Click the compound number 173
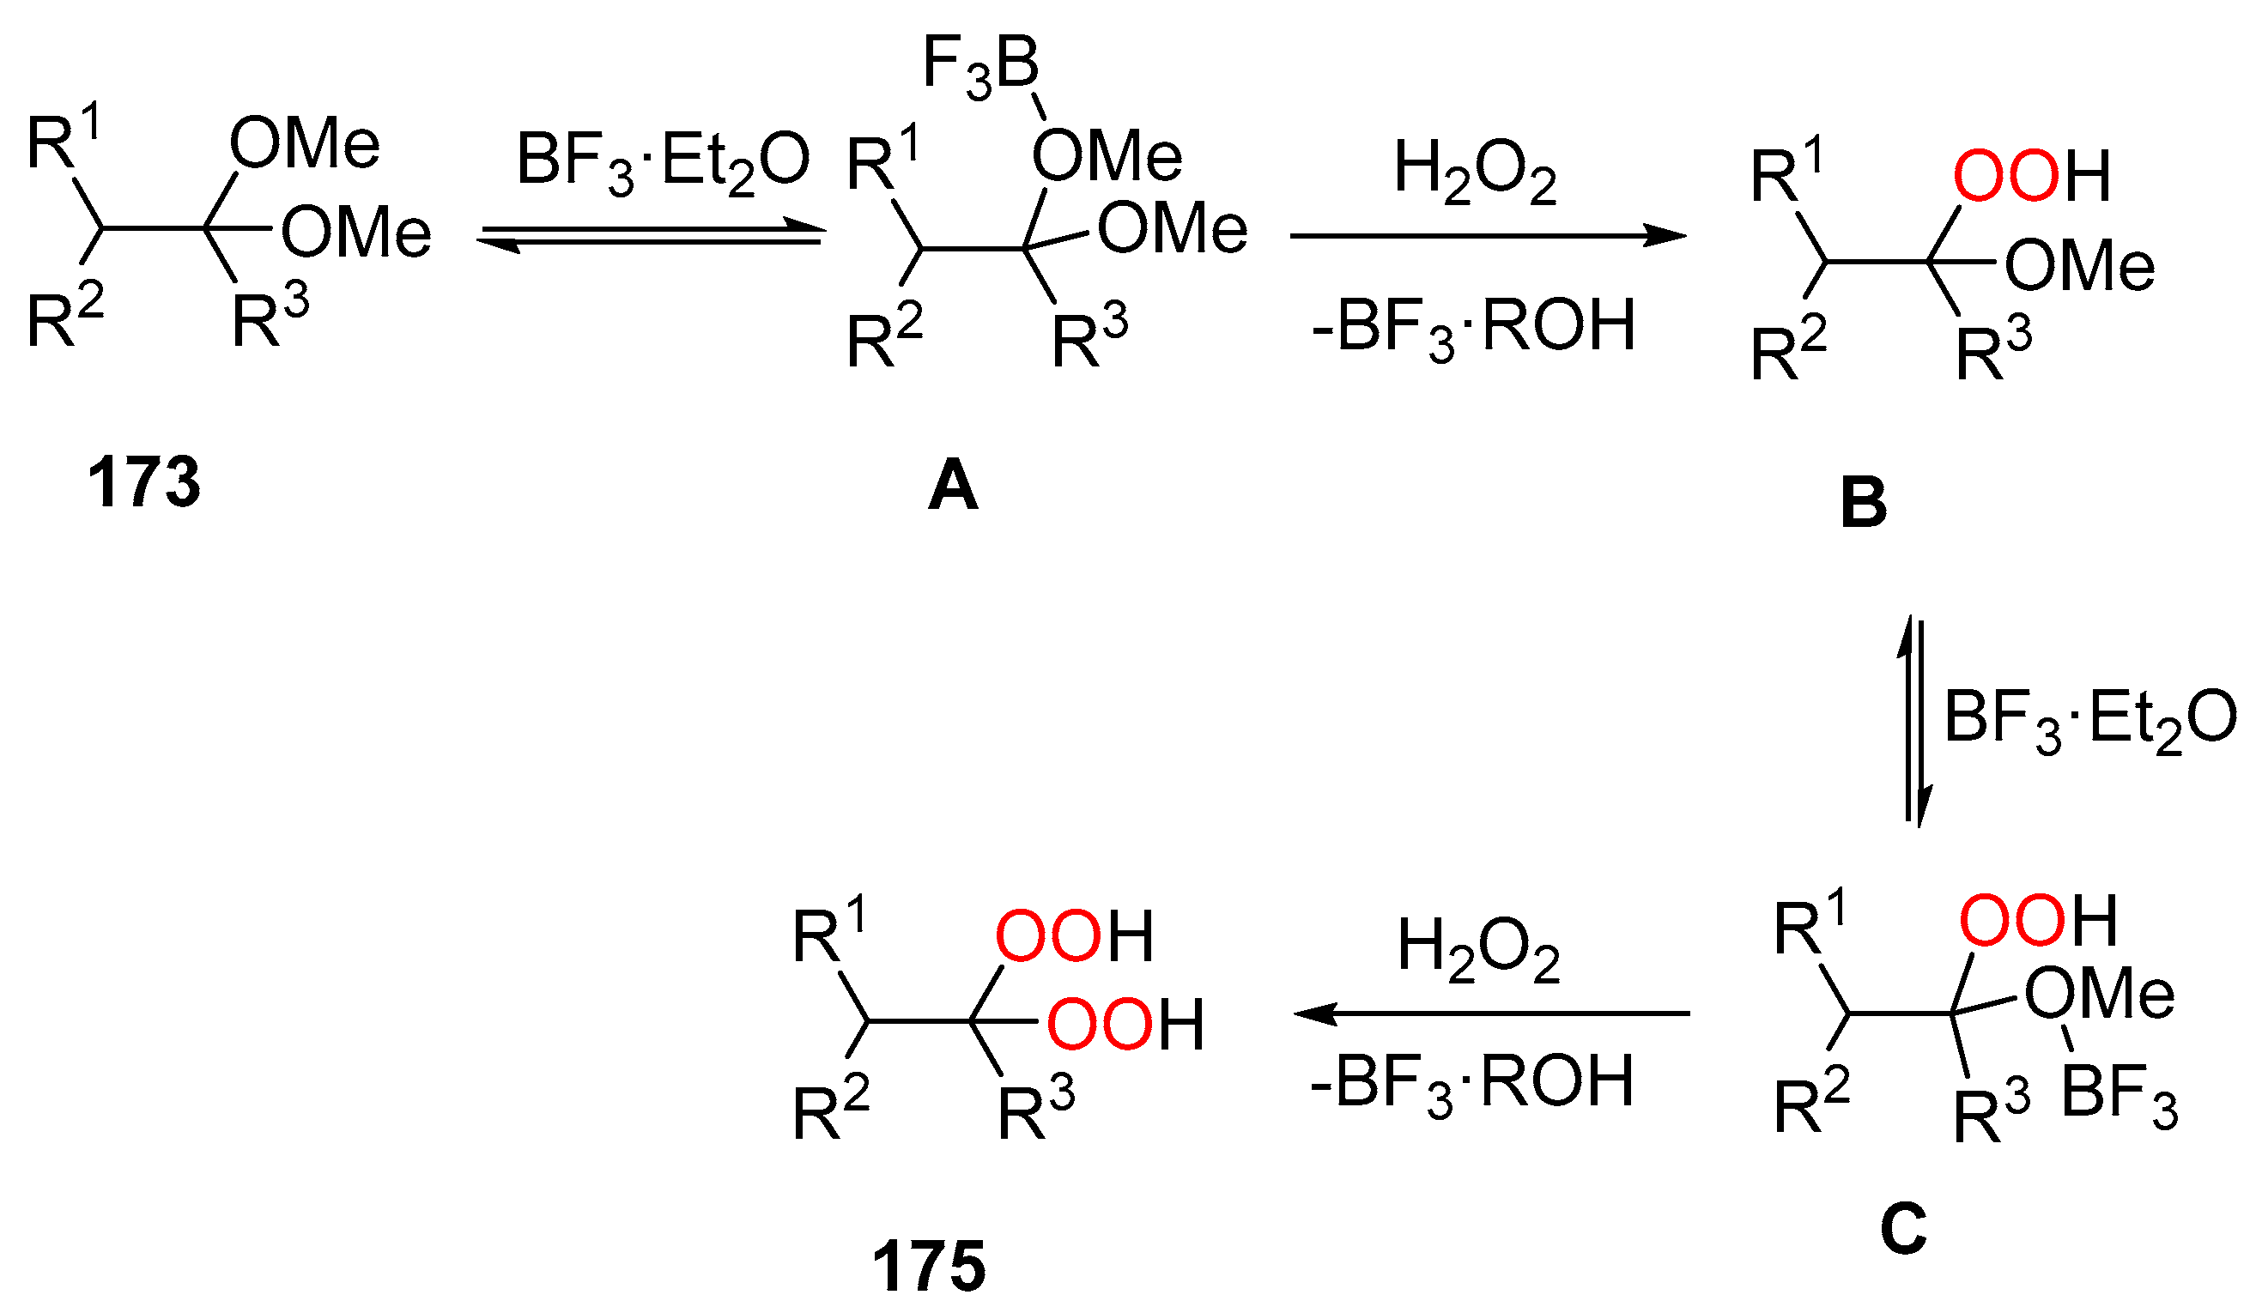(143, 483)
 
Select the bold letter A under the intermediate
(953, 486)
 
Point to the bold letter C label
(1902, 1228)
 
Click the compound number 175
(928, 1267)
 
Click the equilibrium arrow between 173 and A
(651, 235)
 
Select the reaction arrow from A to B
(1487, 236)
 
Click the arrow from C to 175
(1491, 1014)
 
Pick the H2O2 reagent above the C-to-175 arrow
(1479, 951)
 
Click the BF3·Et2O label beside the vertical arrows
(2090, 722)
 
